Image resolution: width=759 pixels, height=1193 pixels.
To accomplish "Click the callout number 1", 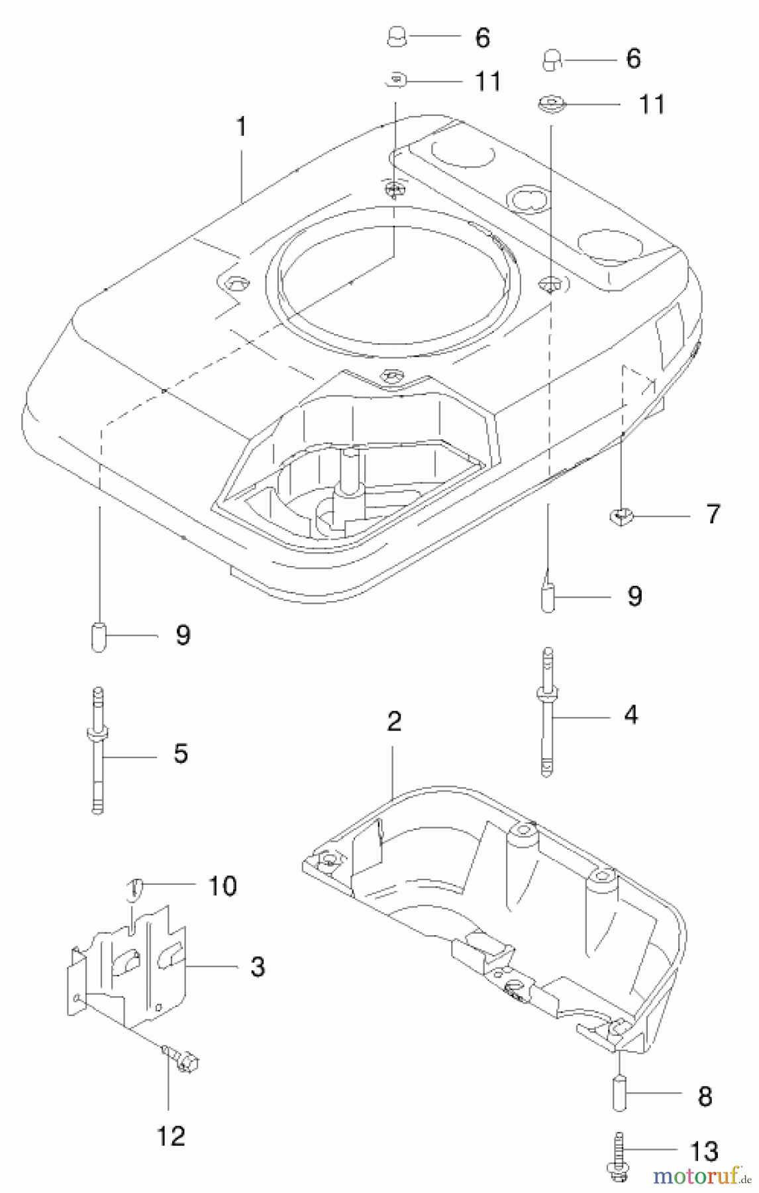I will click(x=242, y=127).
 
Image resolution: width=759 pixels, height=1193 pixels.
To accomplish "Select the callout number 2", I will click(x=394, y=721).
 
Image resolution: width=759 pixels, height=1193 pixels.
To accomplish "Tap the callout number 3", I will click(x=258, y=966).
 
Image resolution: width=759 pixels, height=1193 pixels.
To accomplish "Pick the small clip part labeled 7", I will click(x=619, y=514).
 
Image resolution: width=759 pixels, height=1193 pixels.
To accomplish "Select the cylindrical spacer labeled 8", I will click(x=619, y=1096).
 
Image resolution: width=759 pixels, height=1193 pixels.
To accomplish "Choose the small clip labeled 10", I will click(x=134, y=888).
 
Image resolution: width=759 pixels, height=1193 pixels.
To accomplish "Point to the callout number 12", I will click(x=170, y=1137).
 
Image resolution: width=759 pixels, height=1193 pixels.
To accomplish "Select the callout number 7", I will click(x=712, y=514).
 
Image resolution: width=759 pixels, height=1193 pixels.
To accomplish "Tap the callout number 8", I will click(x=705, y=1096).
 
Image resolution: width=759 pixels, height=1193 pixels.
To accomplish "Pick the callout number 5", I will click(x=181, y=754).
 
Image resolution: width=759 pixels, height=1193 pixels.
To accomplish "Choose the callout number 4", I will click(x=631, y=715).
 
